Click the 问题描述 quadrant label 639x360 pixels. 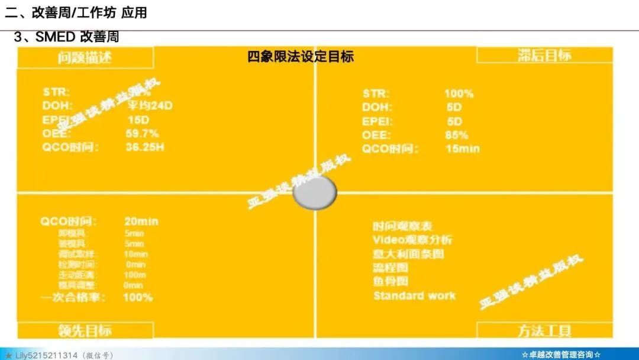pos(85,57)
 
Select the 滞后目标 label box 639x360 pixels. pos(544,55)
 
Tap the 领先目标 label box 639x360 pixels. pos(85,330)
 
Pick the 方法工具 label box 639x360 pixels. pos(544,330)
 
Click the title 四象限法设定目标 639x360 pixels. pos(301,57)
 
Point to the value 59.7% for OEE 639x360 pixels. pos(142,133)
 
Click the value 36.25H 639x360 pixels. pos(145,147)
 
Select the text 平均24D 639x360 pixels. pos(150,106)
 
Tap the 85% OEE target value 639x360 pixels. pos(456,135)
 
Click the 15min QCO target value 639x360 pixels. pos(462,149)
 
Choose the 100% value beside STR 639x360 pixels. pos(459,94)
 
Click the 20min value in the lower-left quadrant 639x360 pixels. pos(141,221)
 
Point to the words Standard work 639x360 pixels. pos(414,295)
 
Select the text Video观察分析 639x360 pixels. pos(412,240)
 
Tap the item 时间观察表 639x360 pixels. pos(402,226)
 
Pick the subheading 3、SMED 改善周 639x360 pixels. pos(66,37)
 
